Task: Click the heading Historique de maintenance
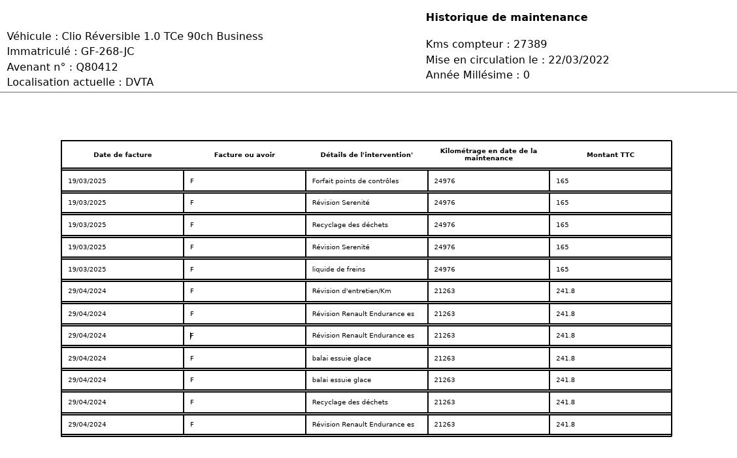pyautogui.click(x=506, y=18)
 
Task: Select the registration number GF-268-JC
pyautogui.click(x=108, y=52)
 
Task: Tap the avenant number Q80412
pyautogui.click(x=97, y=67)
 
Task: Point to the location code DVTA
pyautogui.click(x=139, y=82)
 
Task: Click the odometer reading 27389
pyautogui.click(x=530, y=44)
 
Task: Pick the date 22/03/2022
pyautogui.click(x=579, y=60)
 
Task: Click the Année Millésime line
pyautogui.click(x=478, y=75)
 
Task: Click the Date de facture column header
pyautogui.click(x=122, y=155)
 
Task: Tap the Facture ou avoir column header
pyautogui.click(x=244, y=155)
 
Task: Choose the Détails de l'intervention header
pyautogui.click(x=367, y=155)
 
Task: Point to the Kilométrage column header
pyautogui.click(x=489, y=154)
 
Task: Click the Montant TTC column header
pyautogui.click(x=610, y=155)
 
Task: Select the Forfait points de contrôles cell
pyautogui.click(x=355, y=181)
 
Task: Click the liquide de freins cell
pyautogui.click(x=338, y=270)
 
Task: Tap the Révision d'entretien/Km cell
pyautogui.click(x=352, y=291)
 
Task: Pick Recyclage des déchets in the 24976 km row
pyautogui.click(x=350, y=225)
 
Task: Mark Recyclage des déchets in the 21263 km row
pyautogui.click(x=350, y=402)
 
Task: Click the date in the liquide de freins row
pyautogui.click(x=87, y=270)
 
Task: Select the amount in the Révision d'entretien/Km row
pyautogui.click(x=565, y=291)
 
